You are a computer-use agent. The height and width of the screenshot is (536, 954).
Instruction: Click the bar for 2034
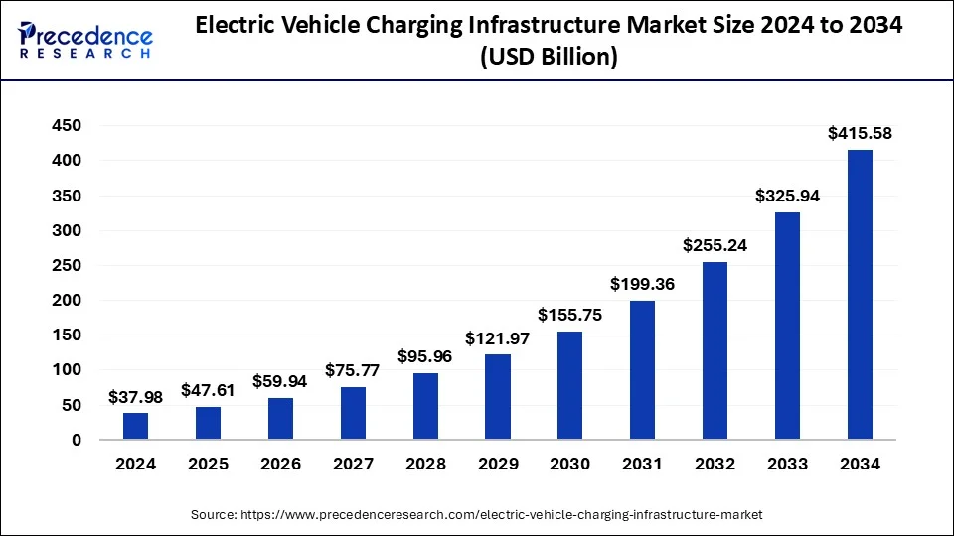860,295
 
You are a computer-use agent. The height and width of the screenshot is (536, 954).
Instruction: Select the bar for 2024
135,426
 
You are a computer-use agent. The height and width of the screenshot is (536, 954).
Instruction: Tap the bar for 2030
570,385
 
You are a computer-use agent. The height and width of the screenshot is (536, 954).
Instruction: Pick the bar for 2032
715,350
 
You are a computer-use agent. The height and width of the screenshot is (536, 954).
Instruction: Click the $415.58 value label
860,134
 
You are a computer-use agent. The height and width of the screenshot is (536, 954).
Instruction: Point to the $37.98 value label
135,397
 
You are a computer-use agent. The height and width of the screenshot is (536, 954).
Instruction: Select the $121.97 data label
498,338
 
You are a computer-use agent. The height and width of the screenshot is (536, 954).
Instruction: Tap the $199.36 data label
642,285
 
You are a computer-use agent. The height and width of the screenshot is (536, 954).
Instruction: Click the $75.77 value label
353,371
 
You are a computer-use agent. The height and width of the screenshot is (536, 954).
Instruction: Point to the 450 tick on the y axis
69,125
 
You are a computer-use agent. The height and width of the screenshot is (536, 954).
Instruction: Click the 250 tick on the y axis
69,265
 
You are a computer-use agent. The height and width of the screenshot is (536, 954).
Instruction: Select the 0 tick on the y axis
77,440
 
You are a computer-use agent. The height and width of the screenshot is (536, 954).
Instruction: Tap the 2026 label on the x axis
280,464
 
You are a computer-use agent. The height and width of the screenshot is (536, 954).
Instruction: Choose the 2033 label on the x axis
787,464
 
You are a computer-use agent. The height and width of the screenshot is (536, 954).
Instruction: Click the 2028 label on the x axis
425,464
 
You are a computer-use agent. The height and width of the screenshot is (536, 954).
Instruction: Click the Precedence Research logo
85,41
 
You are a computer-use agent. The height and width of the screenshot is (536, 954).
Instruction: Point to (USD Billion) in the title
549,58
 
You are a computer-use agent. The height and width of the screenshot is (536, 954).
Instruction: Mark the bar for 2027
353,413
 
